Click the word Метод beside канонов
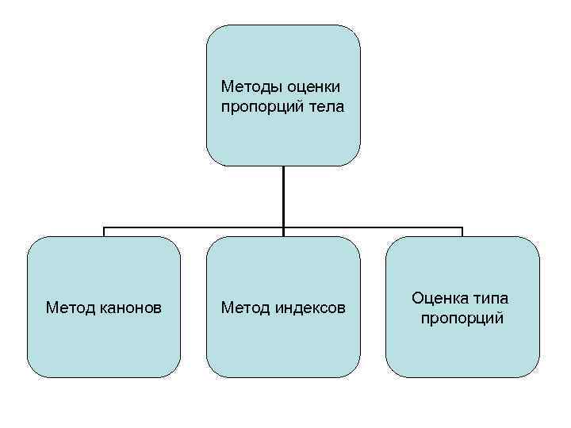(x=71, y=307)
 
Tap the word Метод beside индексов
(x=245, y=307)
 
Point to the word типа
(x=489, y=298)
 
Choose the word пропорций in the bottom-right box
(x=462, y=318)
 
